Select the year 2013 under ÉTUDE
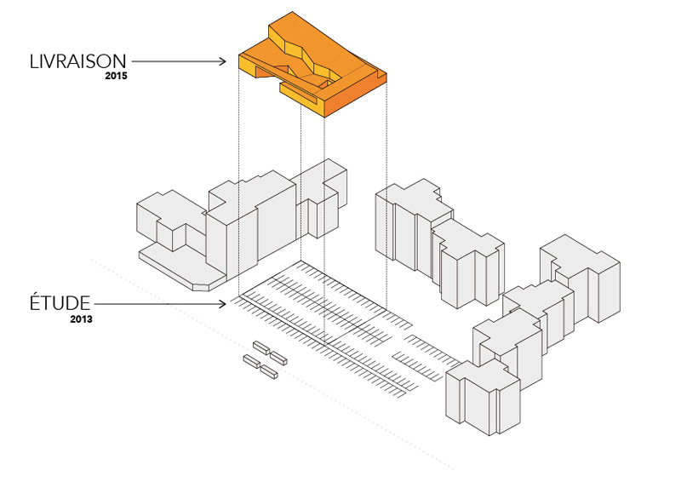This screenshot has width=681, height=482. [x=82, y=319]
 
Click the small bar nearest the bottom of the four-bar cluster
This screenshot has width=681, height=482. [x=270, y=372]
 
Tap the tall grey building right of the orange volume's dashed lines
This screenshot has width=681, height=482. [x=409, y=226]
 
